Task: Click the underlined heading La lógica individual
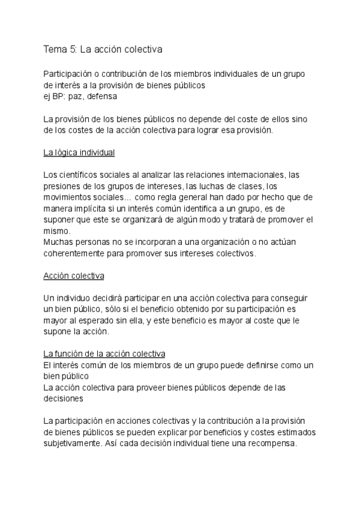79,152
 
